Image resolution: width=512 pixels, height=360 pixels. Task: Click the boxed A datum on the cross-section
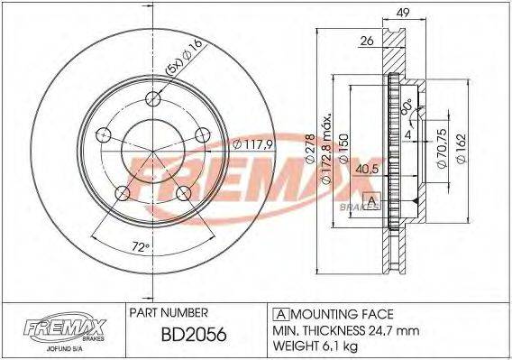pyautogui.click(x=369, y=199)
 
